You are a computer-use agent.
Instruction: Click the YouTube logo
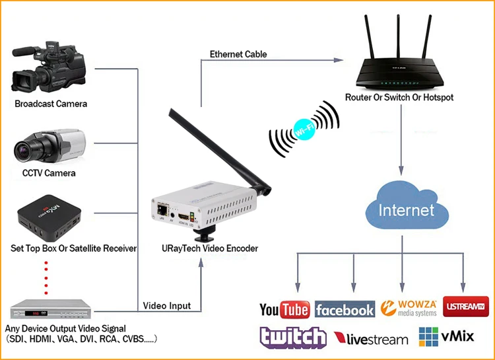pos(284,309)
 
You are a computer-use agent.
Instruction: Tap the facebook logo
pos(345,309)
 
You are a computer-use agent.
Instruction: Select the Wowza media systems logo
pos(409,308)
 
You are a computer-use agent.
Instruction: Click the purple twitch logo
pos(292,338)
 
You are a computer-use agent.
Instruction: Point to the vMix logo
pos(447,336)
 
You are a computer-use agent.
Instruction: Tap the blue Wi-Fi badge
pos(304,127)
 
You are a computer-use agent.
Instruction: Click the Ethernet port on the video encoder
pos(162,209)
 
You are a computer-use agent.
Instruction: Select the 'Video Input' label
pos(167,305)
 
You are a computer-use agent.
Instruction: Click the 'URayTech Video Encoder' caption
pos(201,249)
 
